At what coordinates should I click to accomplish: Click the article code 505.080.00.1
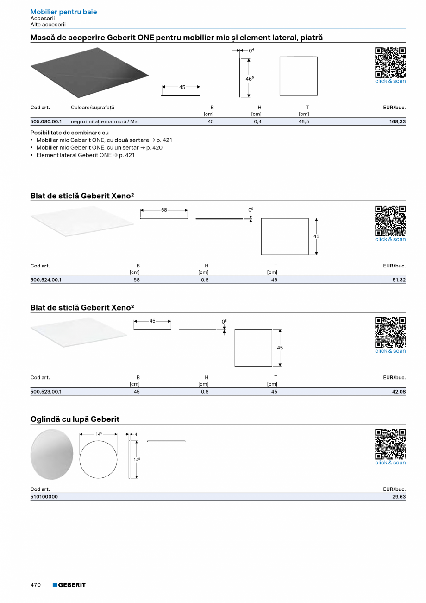[x=46, y=121]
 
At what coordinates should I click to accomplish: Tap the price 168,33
[x=397, y=121]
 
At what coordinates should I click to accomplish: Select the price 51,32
[x=398, y=280]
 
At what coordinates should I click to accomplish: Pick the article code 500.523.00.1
[x=46, y=392]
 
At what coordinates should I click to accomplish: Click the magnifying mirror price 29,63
[x=398, y=496]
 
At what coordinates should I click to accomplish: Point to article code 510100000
[x=44, y=496]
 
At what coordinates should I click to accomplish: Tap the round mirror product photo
[x=52, y=454]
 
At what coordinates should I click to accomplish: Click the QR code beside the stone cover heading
[x=390, y=63]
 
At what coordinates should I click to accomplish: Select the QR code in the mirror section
[x=390, y=444]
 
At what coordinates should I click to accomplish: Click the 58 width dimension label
[x=164, y=210]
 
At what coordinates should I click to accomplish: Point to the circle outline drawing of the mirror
[x=98, y=459]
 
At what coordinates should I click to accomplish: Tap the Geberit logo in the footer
[x=69, y=585]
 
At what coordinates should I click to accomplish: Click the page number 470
[x=36, y=585]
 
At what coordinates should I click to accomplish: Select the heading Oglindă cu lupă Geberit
[x=75, y=419]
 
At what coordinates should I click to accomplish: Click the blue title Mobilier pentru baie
[x=63, y=12]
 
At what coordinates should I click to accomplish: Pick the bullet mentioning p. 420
[x=99, y=147]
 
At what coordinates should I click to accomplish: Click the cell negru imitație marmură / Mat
[x=105, y=121]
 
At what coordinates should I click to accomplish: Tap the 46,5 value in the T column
[x=304, y=121]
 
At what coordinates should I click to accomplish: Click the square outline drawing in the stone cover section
[x=298, y=76]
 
